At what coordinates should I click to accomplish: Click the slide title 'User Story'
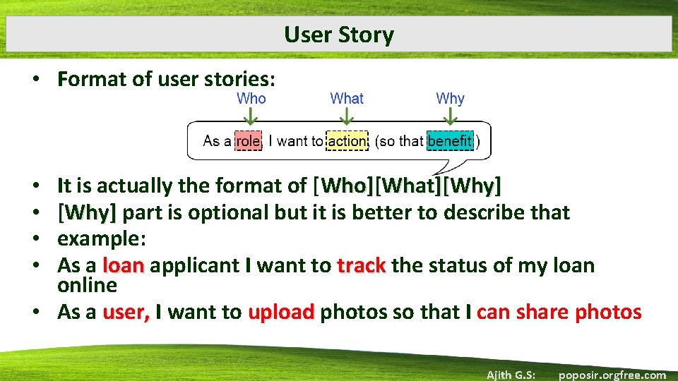point(339,35)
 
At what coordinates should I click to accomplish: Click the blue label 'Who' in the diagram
point(251,99)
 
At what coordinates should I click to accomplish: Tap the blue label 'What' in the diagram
point(347,99)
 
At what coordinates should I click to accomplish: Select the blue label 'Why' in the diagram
point(450,99)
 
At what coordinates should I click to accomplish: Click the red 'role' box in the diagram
point(248,141)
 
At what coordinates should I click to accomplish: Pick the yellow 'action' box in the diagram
point(347,141)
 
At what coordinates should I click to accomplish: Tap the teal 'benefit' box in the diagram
point(450,141)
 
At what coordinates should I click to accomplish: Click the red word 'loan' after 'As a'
point(124,266)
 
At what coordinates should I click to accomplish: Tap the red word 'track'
point(362,266)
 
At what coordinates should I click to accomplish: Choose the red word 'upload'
point(281,313)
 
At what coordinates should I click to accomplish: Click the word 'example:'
point(102,238)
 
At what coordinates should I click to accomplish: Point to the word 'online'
point(87,286)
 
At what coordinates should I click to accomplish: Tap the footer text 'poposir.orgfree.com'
point(612,375)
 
